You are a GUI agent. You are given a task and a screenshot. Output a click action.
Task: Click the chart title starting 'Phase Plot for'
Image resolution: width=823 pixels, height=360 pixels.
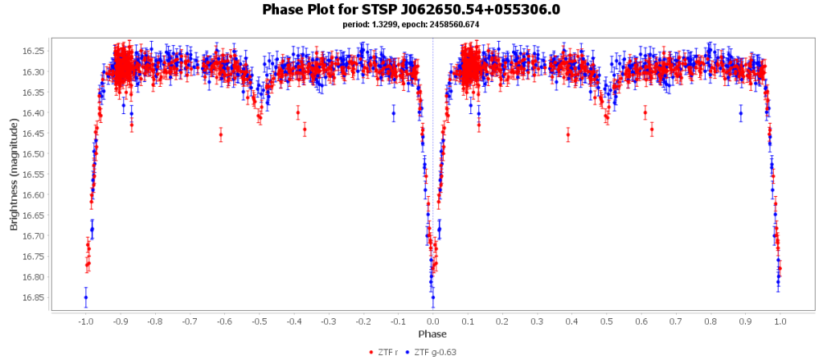(x=411, y=10)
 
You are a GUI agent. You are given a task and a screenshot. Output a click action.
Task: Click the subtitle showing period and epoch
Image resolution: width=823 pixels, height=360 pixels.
(x=411, y=24)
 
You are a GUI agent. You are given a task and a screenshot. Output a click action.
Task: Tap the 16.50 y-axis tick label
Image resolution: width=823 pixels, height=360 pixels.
(x=33, y=153)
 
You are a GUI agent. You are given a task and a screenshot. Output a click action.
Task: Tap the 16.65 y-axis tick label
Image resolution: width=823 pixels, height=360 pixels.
(x=33, y=215)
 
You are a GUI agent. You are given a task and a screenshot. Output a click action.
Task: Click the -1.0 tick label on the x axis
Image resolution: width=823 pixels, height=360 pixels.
(x=84, y=321)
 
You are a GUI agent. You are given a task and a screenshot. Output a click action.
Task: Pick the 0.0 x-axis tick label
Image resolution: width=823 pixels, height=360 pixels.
(x=432, y=321)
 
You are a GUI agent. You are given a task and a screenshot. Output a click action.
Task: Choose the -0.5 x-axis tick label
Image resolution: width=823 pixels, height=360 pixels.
(x=258, y=321)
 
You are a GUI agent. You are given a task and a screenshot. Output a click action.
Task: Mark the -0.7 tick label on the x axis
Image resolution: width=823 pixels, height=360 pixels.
(x=189, y=321)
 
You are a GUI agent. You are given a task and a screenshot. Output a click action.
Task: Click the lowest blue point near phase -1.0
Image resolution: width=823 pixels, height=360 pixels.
(x=85, y=297)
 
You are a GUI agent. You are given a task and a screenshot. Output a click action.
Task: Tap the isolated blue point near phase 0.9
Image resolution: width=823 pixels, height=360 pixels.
(x=740, y=113)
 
